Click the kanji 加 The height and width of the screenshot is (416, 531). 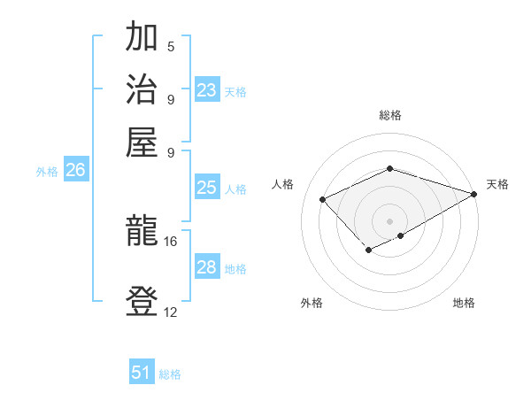click(142, 40)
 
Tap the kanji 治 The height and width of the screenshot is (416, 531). click(142, 90)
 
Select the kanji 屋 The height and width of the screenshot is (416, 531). click(142, 142)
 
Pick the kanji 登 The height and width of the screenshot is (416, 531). click(142, 301)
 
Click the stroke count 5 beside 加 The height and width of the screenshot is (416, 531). click(171, 47)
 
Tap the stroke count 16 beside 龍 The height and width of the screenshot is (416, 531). click(171, 241)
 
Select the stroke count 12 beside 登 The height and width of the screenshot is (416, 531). click(171, 311)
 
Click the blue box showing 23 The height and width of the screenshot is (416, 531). click(207, 90)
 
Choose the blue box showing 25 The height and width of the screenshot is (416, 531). click(207, 188)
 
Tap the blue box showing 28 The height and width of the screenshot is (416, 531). click(207, 267)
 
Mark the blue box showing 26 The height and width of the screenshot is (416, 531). click(75, 171)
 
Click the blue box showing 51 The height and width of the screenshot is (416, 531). click(142, 373)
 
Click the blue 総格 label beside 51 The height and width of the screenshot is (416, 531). click(170, 374)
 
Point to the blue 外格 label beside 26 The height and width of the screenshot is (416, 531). click(47, 173)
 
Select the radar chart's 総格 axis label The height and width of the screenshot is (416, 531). click(389, 115)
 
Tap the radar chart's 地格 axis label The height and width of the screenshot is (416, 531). click(464, 303)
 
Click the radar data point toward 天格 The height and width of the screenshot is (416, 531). click(474, 193)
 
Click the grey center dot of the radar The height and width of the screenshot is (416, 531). click(389, 220)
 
